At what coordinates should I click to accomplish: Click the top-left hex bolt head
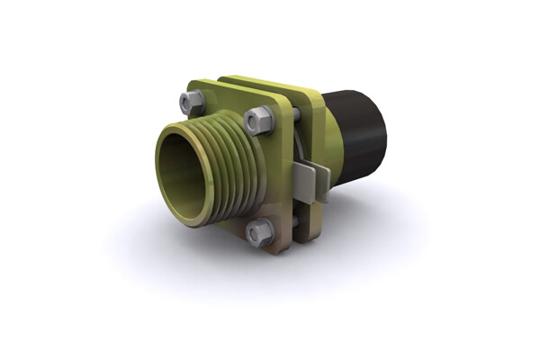pos(192,102)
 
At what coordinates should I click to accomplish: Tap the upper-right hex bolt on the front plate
pos(258,119)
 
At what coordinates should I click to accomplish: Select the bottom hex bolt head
pos(259,233)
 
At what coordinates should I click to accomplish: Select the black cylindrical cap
pos(355,135)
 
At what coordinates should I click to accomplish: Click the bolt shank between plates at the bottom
pos(294,220)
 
